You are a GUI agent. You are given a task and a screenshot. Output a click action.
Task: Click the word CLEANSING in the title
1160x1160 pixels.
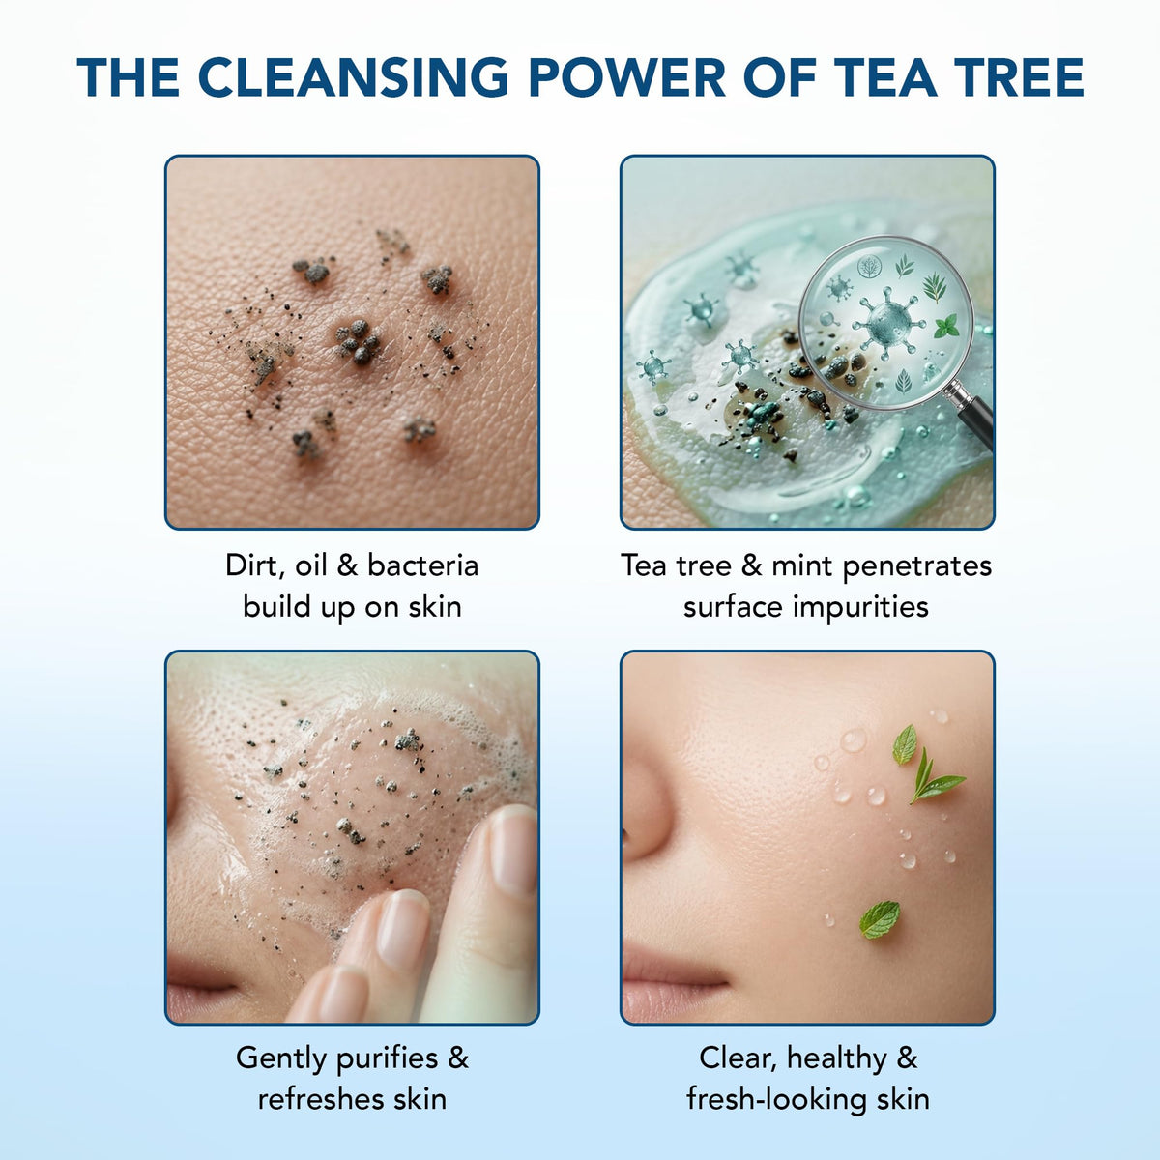tap(354, 77)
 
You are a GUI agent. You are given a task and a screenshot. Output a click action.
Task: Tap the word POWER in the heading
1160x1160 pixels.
tap(626, 77)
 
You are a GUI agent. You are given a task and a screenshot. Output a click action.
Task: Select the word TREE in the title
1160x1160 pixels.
tap(1014, 77)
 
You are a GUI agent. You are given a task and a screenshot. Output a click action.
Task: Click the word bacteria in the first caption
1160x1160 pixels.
tap(422, 565)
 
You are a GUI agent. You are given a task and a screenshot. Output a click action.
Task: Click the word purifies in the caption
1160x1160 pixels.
tap(387, 1059)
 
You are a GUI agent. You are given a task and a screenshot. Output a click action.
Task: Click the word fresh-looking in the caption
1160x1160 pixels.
tap(777, 1099)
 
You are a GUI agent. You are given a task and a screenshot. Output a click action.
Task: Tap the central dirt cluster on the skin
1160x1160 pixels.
tap(358, 341)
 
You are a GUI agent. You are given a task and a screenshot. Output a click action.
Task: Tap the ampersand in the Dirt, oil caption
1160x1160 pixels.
tap(347, 565)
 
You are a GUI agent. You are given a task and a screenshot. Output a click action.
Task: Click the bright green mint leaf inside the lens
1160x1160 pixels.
tap(947, 326)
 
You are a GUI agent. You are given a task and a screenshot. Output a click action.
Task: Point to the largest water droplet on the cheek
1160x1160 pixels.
tap(853, 739)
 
